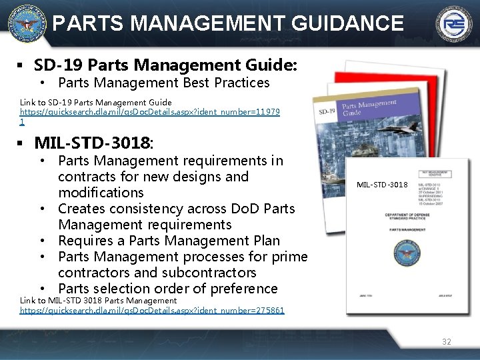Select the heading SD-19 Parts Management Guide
pyautogui.click(x=165, y=65)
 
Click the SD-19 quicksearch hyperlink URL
pyautogui.click(x=149, y=113)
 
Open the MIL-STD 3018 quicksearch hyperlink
pyautogui.click(x=152, y=310)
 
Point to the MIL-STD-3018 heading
pyautogui.click(x=93, y=143)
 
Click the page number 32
pyautogui.click(x=446, y=341)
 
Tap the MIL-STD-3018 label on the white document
pyautogui.click(x=382, y=184)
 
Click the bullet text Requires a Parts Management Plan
pyautogui.click(x=169, y=241)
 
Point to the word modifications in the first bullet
pyautogui.click(x=101, y=193)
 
